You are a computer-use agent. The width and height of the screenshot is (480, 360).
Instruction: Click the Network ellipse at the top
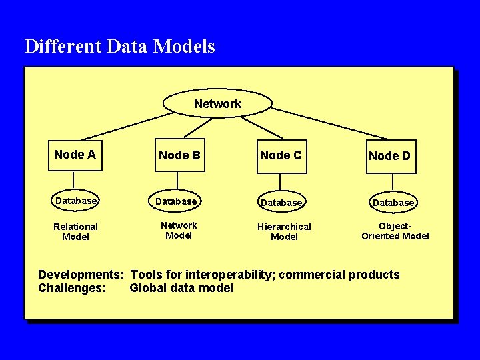pyautogui.click(x=217, y=104)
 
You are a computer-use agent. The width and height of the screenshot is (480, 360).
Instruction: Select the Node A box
pyautogui.click(x=75, y=155)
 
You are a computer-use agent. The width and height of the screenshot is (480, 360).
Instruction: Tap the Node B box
pyautogui.click(x=179, y=156)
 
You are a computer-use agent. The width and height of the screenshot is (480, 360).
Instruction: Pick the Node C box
pyautogui.click(x=281, y=156)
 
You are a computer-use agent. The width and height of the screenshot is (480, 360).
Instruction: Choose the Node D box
pyautogui.click(x=390, y=157)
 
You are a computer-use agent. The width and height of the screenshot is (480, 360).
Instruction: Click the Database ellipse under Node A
pyautogui.click(x=76, y=201)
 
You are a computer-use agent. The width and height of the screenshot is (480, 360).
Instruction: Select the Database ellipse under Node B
pyautogui.click(x=177, y=201)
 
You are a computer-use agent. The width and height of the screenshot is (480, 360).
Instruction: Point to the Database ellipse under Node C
pyautogui.click(x=281, y=202)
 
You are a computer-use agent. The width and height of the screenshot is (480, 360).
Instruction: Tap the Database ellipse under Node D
pyautogui.click(x=393, y=202)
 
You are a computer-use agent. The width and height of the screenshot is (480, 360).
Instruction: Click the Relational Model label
pyautogui.click(x=75, y=231)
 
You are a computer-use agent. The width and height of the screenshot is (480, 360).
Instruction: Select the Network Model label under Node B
pyautogui.click(x=179, y=230)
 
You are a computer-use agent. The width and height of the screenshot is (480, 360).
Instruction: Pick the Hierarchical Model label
pyautogui.click(x=284, y=231)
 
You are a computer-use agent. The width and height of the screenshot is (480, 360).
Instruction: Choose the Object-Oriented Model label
pyautogui.click(x=395, y=231)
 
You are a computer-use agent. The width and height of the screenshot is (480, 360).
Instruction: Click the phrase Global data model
pyautogui.click(x=181, y=288)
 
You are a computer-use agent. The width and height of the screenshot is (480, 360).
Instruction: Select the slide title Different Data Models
pyautogui.click(x=120, y=47)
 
